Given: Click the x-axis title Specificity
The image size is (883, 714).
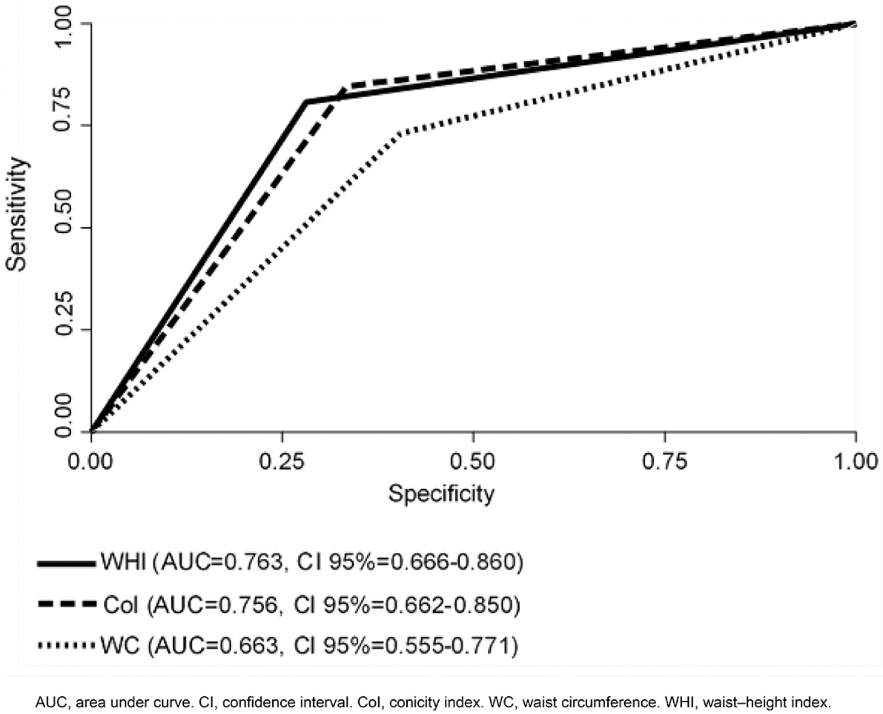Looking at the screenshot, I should (440, 493).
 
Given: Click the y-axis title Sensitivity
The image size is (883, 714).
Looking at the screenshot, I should (17, 214).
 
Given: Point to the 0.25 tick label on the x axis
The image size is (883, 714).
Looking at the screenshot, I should (282, 461).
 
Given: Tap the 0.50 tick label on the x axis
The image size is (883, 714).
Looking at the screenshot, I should (474, 461).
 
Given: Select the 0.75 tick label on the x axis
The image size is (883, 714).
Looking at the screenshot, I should (664, 461).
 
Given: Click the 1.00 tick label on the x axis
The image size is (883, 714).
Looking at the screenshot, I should (854, 461).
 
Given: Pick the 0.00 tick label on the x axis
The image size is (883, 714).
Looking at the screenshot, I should (91, 461).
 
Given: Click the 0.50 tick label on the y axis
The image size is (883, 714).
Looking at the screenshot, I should (65, 228).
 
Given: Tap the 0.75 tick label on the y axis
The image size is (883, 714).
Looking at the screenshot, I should (65, 125).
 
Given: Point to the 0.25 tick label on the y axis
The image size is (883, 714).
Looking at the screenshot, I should (65, 330).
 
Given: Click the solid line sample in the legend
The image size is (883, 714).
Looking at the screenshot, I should (66, 564).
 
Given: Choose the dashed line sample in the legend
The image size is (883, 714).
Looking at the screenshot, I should (66, 605).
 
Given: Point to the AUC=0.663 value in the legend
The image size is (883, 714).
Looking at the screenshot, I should (216, 645).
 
